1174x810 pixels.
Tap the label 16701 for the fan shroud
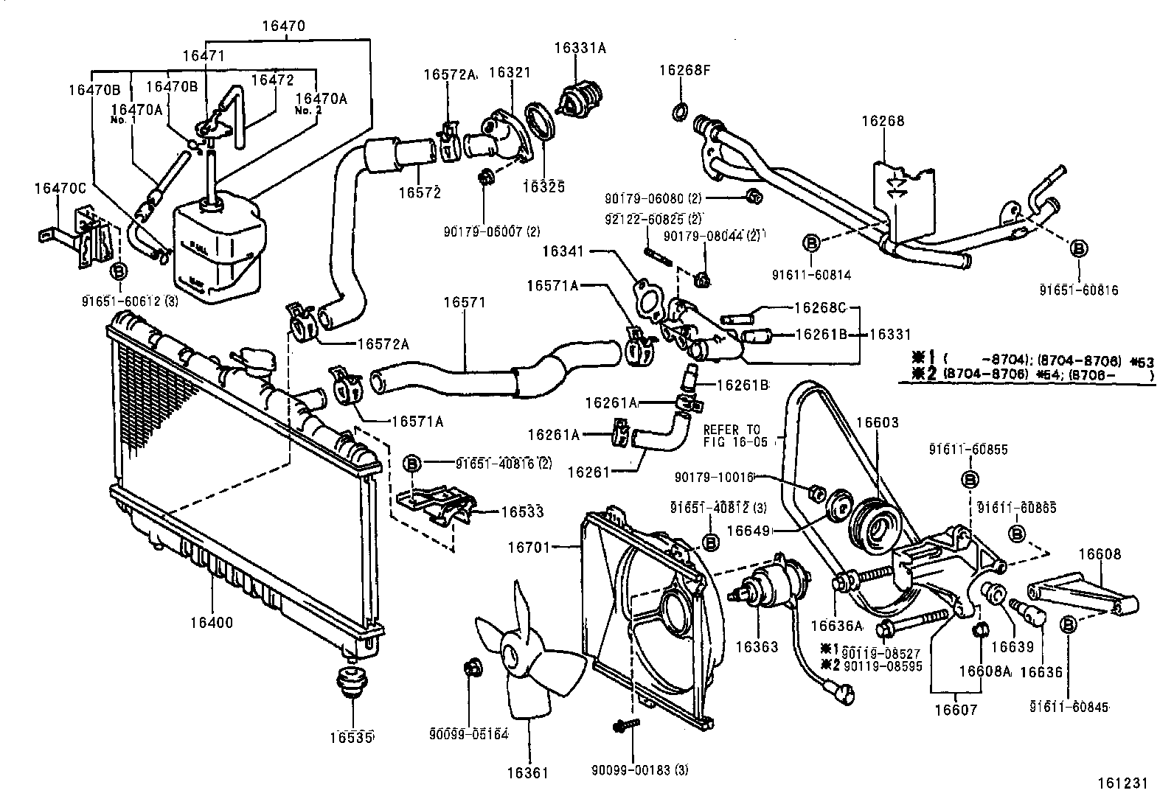pos(528,547)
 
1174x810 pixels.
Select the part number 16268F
pos(684,71)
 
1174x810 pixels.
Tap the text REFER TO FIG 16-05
pos(735,436)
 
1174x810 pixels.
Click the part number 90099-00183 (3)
pos(640,770)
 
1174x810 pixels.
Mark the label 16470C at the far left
pos(60,189)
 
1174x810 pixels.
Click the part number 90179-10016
pos(713,478)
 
